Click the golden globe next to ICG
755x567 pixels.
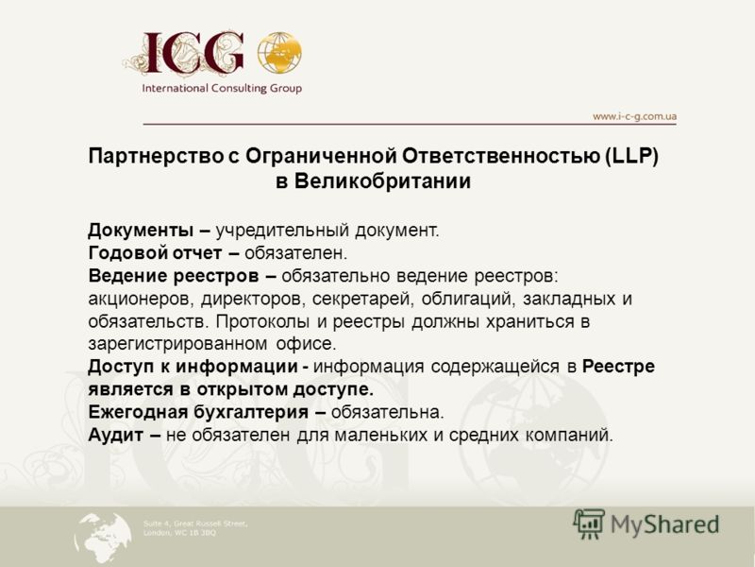279,53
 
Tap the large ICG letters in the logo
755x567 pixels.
193,53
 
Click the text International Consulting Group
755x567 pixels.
222,88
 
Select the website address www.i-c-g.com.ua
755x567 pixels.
634,116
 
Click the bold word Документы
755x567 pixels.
141,231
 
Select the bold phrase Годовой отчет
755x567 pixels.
155,253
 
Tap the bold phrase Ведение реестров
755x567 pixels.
174,276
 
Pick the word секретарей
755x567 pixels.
363,300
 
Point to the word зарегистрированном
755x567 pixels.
177,344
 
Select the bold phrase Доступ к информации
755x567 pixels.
193,367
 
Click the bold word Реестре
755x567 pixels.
619,367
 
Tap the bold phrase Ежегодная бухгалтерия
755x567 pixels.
198,412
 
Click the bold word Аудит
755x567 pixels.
116,436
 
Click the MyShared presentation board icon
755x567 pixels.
589,524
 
